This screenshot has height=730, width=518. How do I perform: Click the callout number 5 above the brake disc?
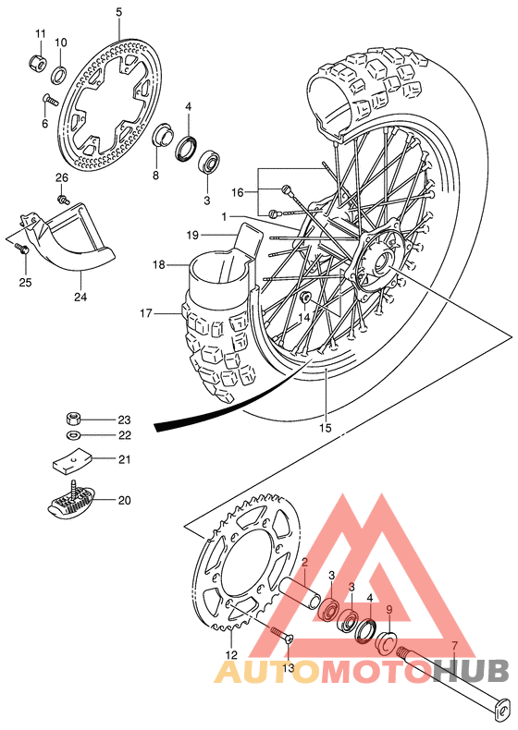coord(118,12)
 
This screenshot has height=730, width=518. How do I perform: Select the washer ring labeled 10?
coord(58,74)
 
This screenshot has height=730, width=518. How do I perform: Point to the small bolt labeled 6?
coord(52,98)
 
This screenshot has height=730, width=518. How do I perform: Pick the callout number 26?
coord(61,177)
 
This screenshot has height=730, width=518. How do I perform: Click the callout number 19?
coord(191,235)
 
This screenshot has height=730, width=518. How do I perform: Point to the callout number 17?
coord(145,313)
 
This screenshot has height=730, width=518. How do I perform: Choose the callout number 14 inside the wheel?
coord(304,317)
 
